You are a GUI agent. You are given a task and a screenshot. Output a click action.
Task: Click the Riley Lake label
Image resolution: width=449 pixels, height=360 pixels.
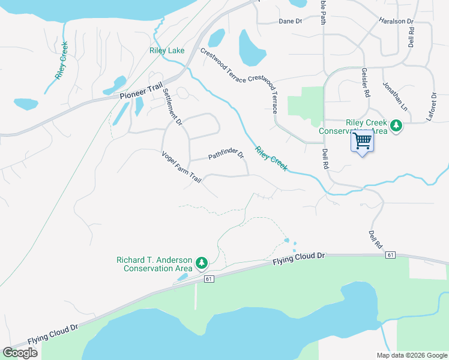pos(167,51)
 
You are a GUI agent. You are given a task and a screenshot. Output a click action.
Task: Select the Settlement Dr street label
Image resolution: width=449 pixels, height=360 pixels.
pos(172,106)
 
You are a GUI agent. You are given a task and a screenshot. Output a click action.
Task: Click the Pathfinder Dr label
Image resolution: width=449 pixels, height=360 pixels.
pos(226,156)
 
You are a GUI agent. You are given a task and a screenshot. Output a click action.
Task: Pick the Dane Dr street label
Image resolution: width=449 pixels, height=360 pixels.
pos(290,22)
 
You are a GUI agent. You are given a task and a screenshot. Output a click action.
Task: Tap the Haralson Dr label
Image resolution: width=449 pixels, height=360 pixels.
pos(396,21)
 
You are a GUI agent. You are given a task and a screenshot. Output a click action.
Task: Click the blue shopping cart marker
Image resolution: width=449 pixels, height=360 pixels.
pos(362,142)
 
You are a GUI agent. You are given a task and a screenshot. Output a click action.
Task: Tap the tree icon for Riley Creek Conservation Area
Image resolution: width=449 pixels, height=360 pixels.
pos(396,126)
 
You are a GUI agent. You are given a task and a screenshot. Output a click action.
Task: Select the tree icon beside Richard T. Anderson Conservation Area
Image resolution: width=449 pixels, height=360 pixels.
pos(202,263)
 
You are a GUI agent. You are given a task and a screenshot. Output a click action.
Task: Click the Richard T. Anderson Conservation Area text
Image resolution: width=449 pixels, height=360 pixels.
pos(154,264)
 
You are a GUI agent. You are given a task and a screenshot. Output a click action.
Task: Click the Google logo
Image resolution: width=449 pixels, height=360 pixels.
pos(20,353)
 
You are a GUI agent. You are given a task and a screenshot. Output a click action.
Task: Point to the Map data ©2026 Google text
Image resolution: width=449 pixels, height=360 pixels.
pos(411,355)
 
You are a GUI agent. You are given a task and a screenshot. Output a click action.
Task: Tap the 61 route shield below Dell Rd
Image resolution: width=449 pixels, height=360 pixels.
pos(391,256)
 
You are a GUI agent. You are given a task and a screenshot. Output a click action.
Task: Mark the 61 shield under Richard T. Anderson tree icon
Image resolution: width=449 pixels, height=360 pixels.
pos(209,279)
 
